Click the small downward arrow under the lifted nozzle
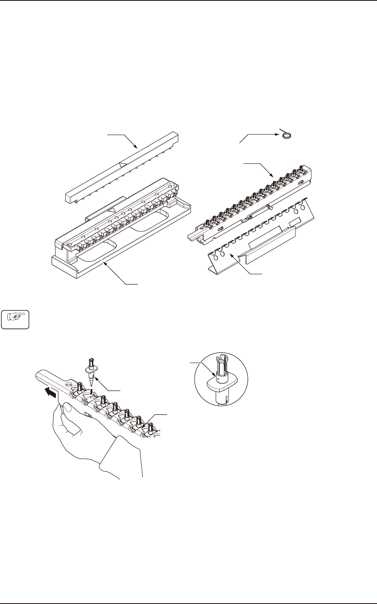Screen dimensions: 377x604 click(93, 391)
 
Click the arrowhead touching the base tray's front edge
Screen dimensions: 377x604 click(106, 264)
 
